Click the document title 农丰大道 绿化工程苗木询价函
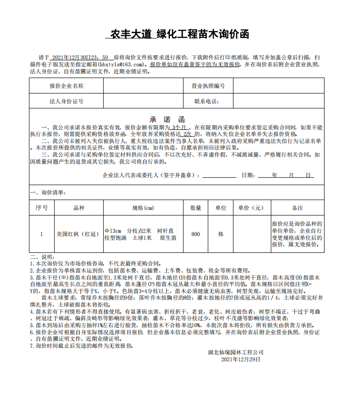tap(177, 34)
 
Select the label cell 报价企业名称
tap(66, 86)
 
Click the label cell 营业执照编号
tap(208, 86)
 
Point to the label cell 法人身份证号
tap(66, 101)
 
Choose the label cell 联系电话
tap(207, 101)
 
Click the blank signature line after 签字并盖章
tap(219, 176)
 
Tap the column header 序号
tap(42, 208)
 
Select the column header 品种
tap(79, 208)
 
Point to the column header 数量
tap(196, 208)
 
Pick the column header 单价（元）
tap(251, 208)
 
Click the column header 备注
tap(297, 208)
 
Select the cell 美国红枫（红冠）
tap(79, 234)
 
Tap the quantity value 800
tap(196, 234)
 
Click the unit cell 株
tap(220, 234)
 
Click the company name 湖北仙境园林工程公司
tap(236, 352)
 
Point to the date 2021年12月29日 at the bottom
tap(240, 359)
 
